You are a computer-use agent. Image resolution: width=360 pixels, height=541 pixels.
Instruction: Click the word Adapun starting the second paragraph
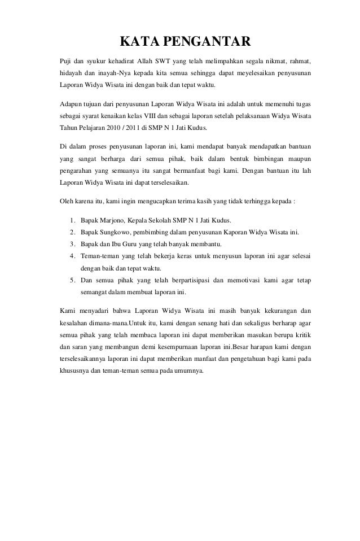tap(72, 105)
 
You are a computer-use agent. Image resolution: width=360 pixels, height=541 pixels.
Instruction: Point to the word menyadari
tap(94, 311)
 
